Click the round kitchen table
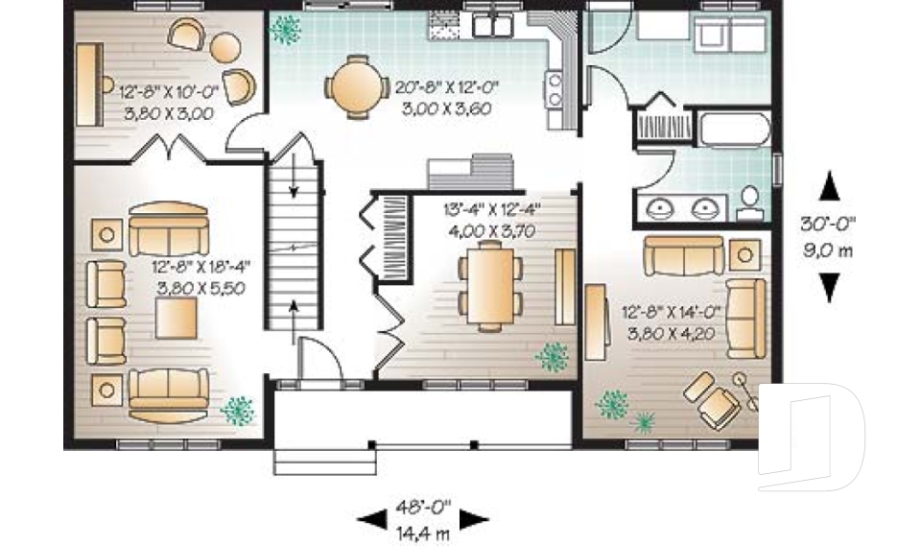357,86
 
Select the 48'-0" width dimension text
422,507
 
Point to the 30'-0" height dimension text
829,223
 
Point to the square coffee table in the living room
177,318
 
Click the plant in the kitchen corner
284,31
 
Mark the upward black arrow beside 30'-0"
830,185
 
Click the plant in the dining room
554,357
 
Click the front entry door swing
319,360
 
